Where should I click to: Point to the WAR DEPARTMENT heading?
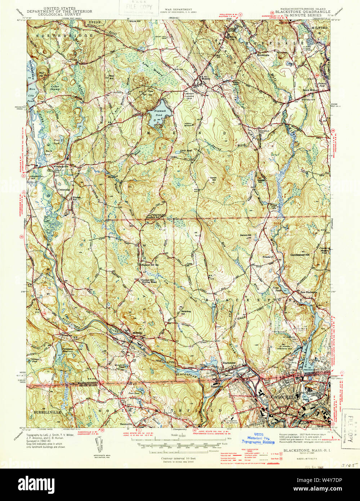[x=178, y=9]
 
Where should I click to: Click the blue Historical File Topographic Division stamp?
[x=258, y=438]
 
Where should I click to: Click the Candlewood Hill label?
[x=300, y=255]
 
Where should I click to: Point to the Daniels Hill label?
[x=245, y=236]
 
